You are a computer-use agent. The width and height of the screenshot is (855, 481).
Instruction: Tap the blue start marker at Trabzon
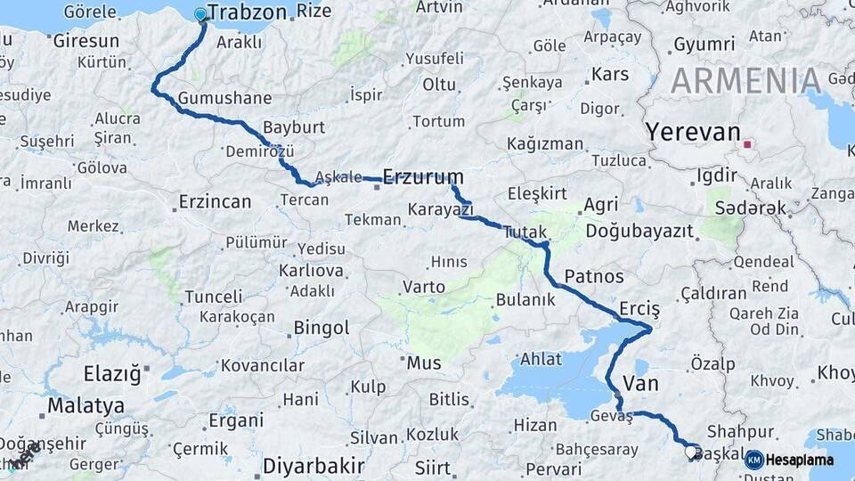[x=200, y=14]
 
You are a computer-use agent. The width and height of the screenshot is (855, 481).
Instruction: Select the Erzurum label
[x=423, y=175]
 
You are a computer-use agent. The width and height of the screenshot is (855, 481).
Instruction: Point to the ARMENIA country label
[x=746, y=81]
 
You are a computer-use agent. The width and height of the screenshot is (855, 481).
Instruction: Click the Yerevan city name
[x=693, y=133]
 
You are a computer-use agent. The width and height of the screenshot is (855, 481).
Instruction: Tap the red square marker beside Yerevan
[x=747, y=143]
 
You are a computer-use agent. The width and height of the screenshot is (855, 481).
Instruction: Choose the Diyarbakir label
[x=313, y=466]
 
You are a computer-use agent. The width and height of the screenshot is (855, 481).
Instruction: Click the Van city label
[x=641, y=384]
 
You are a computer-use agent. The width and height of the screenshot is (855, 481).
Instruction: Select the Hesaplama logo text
[x=800, y=460]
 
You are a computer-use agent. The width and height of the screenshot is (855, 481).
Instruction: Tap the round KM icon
[x=754, y=460]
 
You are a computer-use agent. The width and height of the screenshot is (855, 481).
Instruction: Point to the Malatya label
[x=85, y=406]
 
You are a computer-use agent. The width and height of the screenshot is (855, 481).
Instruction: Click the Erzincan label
[x=215, y=201]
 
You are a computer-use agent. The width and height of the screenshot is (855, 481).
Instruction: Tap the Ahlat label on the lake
[x=541, y=359]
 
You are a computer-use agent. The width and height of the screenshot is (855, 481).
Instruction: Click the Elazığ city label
[x=112, y=373]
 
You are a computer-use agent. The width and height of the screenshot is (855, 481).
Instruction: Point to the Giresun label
[x=85, y=41]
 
